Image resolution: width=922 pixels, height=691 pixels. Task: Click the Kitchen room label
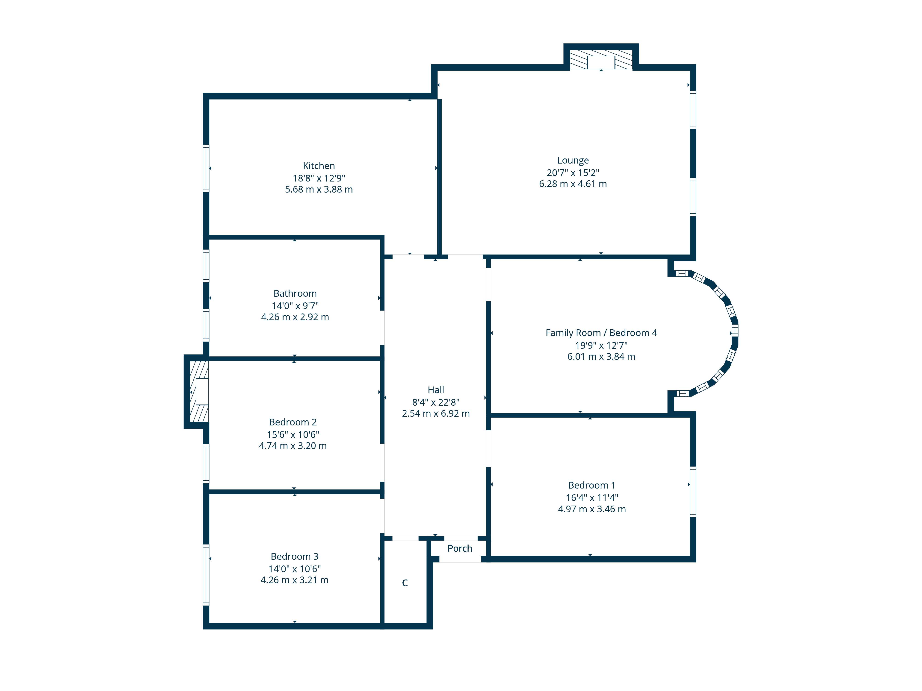(319, 166)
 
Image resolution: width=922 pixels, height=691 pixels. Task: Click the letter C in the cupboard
(405, 583)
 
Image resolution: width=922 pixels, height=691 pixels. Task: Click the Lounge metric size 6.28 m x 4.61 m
(573, 184)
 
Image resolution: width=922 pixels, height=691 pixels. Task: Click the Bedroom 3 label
(295, 556)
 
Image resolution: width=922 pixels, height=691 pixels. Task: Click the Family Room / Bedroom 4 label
(601, 333)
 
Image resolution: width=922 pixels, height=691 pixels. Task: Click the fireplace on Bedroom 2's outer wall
(199, 392)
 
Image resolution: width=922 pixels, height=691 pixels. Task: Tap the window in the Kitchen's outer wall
(206, 168)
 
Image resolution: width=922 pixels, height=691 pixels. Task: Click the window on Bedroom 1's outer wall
(693, 492)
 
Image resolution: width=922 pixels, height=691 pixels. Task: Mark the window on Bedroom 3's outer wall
(206, 575)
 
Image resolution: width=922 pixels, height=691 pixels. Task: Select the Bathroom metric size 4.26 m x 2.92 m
(295, 317)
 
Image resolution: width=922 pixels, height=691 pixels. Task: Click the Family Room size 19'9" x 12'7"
(601, 345)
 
